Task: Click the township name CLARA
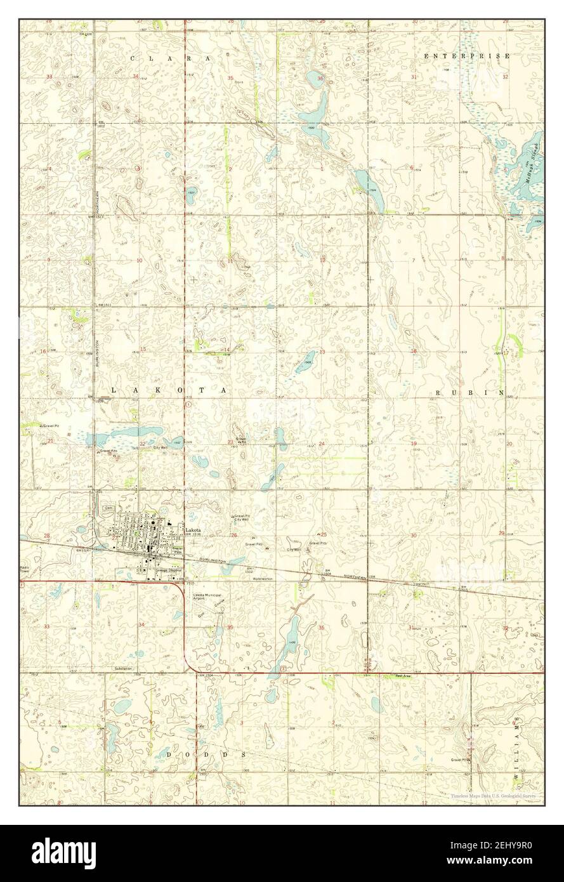coord(170,58)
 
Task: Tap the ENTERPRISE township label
coord(467,56)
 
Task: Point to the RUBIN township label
coord(469,393)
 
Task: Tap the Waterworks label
coord(262,579)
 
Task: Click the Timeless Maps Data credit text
coord(493,796)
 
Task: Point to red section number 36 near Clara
coord(320,79)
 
